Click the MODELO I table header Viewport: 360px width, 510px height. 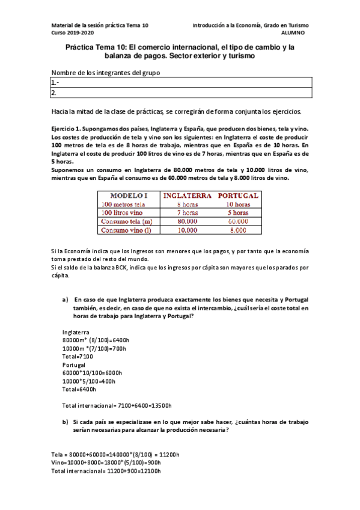click(129, 195)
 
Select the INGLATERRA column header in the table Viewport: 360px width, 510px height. click(188, 195)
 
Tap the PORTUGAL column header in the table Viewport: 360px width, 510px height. click(238, 195)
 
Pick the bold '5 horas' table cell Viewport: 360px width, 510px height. click(238, 212)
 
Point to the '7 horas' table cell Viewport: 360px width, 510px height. click(188, 212)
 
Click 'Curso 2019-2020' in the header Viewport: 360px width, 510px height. click(73, 34)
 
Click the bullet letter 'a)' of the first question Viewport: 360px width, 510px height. click(66, 299)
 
